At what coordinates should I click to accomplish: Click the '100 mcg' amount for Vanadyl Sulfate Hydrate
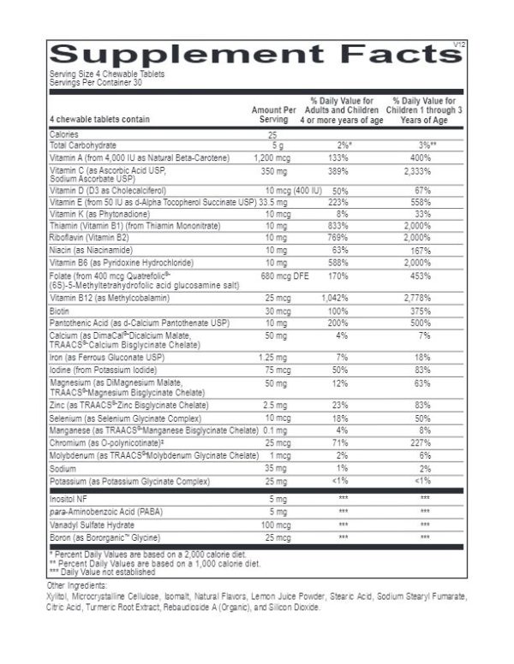click(x=272, y=525)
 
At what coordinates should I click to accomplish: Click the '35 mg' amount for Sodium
click(x=272, y=469)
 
